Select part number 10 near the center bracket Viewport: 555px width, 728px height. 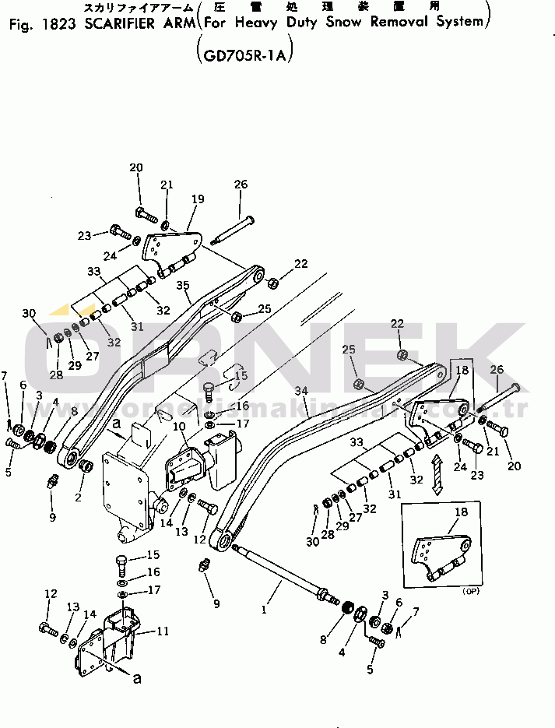tap(179, 426)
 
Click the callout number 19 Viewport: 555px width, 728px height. tap(198, 199)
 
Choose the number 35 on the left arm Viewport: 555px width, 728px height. tap(183, 286)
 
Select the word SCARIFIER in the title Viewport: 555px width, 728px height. tap(118, 23)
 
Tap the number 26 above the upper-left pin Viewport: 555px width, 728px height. tap(241, 185)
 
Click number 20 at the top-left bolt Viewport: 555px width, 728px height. tap(136, 167)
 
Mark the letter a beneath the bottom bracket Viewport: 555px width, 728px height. tap(137, 679)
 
